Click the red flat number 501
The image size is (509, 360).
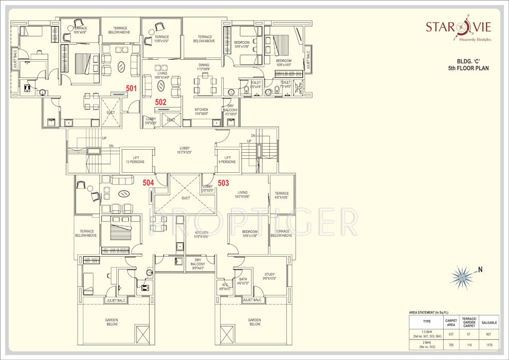(132, 88)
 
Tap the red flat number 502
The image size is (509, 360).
(161, 102)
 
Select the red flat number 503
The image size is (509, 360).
(223, 183)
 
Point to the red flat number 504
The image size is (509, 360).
(148, 183)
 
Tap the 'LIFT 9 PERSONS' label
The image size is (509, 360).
(226, 160)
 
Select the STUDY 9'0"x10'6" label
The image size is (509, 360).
(269, 277)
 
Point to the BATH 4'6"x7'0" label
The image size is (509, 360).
(243, 281)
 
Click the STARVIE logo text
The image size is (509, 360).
(458, 27)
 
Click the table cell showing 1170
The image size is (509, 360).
(489, 345)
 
